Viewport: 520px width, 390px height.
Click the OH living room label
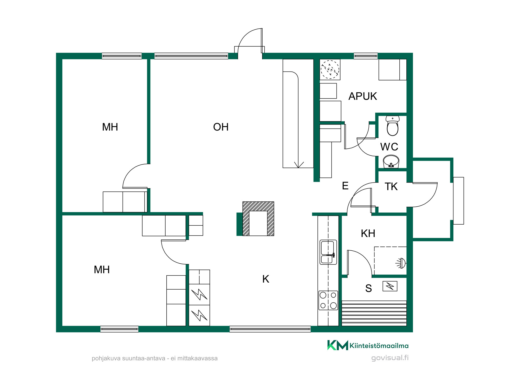[221, 127]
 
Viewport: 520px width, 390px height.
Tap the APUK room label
[363, 96]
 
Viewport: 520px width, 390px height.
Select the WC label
[389, 147]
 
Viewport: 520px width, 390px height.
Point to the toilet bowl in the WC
[393, 126]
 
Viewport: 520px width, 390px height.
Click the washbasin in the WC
[391, 161]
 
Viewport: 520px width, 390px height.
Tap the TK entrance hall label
[391, 187]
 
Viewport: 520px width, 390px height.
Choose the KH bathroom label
[368, 233]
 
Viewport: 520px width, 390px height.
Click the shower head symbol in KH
[401, 263]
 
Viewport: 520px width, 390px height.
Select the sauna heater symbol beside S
[390, 286]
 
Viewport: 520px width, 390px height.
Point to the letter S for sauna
[368, 288]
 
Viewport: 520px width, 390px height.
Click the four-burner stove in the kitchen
[328, 300]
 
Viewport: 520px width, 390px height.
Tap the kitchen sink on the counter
[328, 252]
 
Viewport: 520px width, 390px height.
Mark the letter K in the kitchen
[266, 279]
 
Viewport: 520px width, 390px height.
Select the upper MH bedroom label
[110, 127]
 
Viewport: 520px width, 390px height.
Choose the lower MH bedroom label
[102, 270]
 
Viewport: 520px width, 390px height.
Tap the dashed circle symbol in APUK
[330, 69]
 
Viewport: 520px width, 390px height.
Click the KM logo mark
[337, 345]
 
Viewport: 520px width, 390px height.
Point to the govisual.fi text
[390, 358]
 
